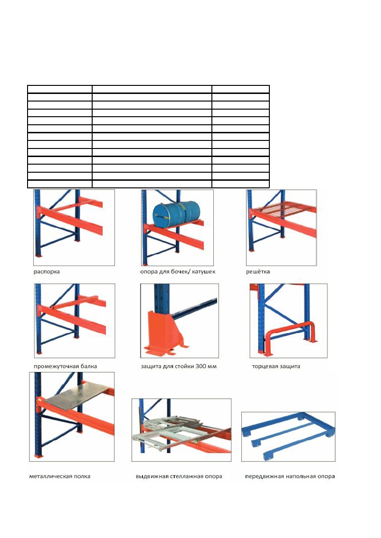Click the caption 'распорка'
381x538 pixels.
47,272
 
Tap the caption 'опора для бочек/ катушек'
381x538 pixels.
178,272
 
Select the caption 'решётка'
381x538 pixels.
258,272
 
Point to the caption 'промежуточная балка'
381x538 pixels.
65,366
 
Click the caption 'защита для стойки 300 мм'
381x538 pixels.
179,366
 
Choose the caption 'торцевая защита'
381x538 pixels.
276,366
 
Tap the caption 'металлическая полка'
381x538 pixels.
60,476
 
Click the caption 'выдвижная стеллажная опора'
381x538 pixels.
179,476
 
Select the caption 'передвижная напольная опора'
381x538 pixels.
290,476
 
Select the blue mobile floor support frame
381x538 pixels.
288,436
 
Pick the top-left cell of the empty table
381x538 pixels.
60,89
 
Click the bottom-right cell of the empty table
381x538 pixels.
240,184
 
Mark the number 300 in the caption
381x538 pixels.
200,366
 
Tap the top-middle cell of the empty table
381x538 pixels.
152,89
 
